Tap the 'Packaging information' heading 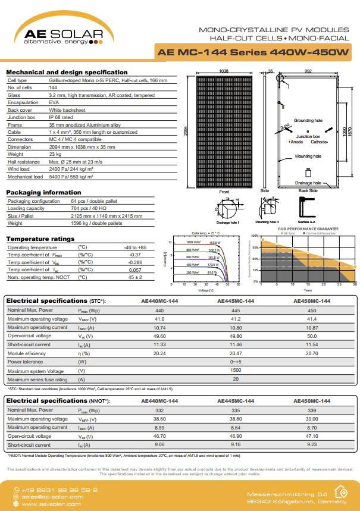43,193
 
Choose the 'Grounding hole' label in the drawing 308,120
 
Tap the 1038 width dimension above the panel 224,71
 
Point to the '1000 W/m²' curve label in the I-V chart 194,242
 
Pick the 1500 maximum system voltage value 236,370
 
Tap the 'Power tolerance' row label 26,362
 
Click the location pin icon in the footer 341,492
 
